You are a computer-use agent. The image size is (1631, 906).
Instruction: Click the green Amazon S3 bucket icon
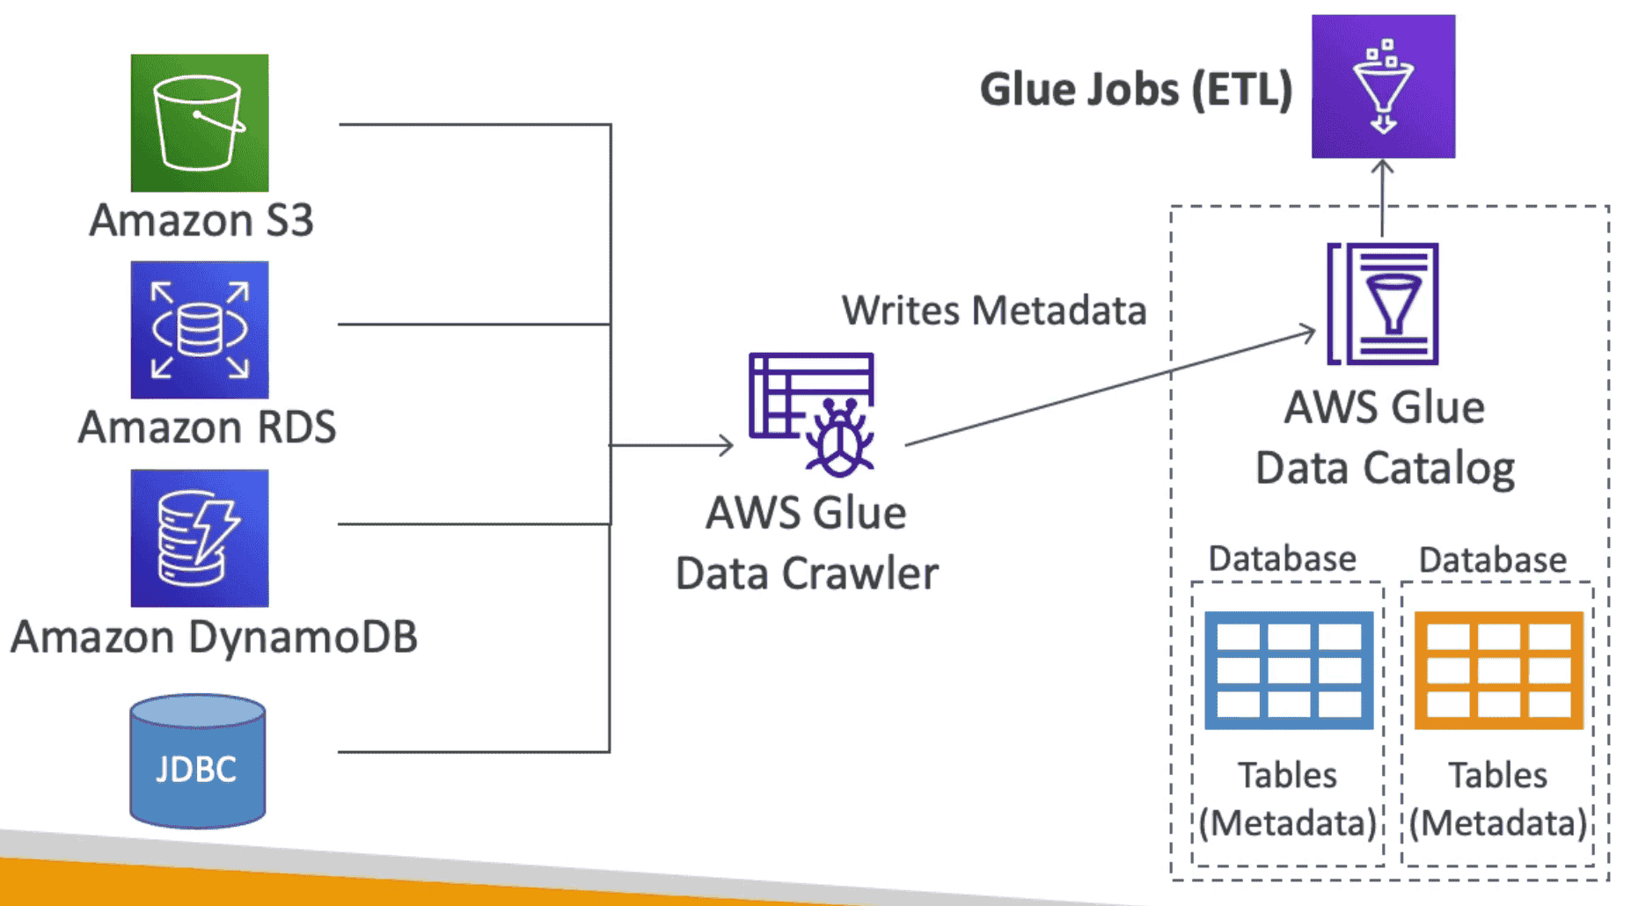tap(200, 123)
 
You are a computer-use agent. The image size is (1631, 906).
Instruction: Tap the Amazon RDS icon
tap(200, 330)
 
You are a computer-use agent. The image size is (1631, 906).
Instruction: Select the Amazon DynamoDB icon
tap(200, 537)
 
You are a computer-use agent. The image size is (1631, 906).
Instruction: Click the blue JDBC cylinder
tap(198, 762)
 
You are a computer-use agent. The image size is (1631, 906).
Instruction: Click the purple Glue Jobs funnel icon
tap(1383, 86)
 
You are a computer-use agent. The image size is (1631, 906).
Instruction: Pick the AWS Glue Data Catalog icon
tap(1384, 304)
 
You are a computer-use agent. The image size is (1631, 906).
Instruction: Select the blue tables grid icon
tap(1289, 670)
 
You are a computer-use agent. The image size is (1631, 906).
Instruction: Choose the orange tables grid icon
tap(1499, 670)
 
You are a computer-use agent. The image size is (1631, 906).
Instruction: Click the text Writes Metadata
tap(994, 311)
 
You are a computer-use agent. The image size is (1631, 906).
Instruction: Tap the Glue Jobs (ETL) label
tap(1136, 90)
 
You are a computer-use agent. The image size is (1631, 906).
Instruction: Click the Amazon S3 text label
tap(201, 220)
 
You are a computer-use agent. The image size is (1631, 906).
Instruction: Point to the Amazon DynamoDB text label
tap(214, 637)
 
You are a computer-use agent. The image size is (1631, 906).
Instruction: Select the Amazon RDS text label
tap(208, 427)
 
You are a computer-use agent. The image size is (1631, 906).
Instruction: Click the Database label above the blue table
tap(1282, 559)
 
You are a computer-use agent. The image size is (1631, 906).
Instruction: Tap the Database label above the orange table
tap(1493, 559)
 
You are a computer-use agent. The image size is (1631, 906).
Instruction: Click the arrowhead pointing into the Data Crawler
tap(727, 445)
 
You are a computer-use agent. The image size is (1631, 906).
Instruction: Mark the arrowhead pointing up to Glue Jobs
tap(1383, 166)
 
